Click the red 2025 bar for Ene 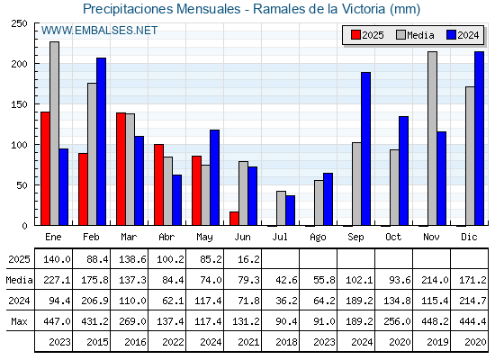[45, 168]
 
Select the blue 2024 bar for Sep [365, 148]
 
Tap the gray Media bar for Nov [432, 139]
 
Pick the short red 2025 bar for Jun [234, 219]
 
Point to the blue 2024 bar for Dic [479, 139]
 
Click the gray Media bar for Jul [281, 208]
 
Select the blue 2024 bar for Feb [101, 141]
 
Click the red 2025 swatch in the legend [355, 35]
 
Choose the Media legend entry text [420, 35]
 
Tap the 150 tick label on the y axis [19, 104]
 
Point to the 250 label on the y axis [19, 23]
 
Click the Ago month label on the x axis [318, 238]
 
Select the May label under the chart [204, 238]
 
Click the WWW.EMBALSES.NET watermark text [99, 31]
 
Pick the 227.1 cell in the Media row [57, 280]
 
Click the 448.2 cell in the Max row [435, 321]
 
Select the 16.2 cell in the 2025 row [248, 259]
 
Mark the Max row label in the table [19, 321]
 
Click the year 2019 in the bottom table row [437, 342]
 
